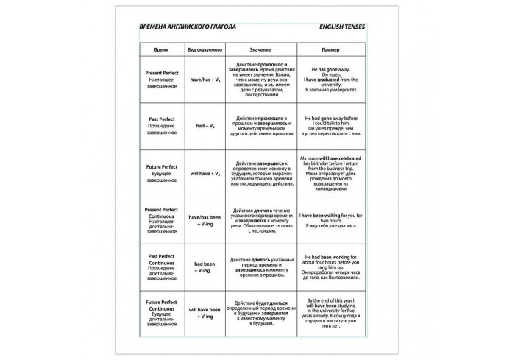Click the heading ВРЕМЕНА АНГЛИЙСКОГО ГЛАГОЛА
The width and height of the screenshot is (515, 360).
tap(188, 27)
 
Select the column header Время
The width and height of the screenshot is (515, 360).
tap(160, 50)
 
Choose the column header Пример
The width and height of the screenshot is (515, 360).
tap(330, 50)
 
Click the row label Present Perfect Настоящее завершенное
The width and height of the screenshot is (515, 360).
tap(161, 79)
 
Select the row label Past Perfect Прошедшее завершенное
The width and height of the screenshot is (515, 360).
tap(161, 126)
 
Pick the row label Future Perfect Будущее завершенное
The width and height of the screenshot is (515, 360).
tap(161, 173)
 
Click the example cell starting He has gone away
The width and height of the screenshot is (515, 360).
tap(330, 79)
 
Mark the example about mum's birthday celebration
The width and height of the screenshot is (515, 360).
tap(330, 173)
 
